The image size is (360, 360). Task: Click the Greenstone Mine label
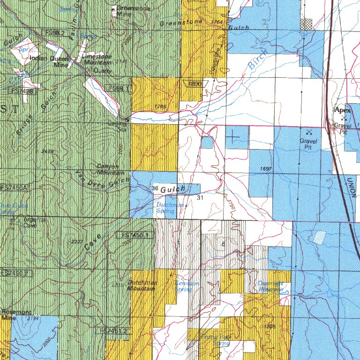coord(131,11)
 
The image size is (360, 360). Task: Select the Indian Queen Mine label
coord(49,61)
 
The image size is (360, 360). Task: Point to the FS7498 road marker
coord(22,91)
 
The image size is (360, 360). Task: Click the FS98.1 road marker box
coord(119,88)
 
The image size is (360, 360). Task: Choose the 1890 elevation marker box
coord(194,83)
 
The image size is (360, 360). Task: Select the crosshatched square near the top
coord(307,23)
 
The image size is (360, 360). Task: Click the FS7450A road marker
coord(15,187)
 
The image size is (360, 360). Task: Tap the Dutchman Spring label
coord(165,208)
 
